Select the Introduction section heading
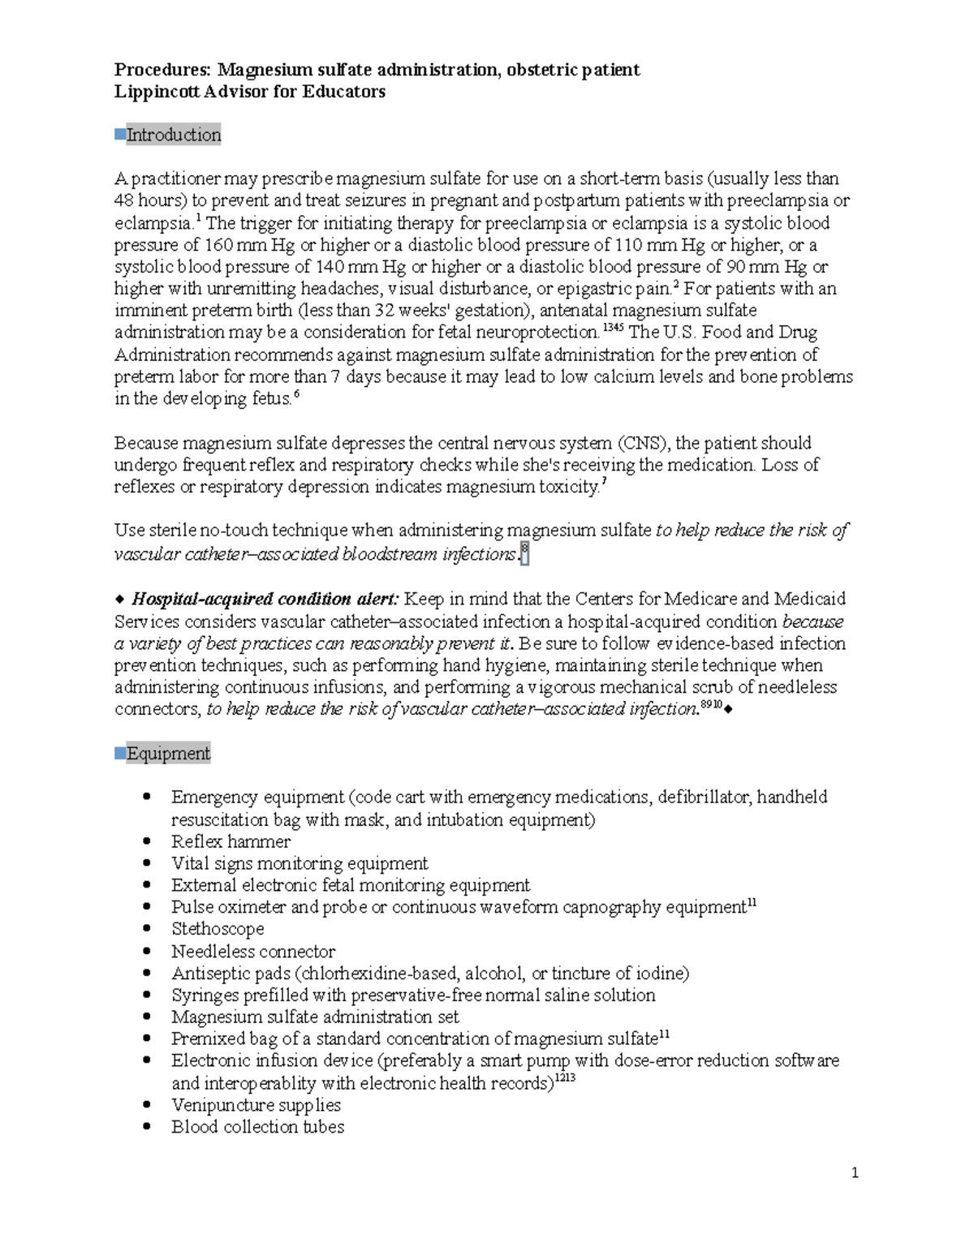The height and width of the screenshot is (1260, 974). click(174, 135)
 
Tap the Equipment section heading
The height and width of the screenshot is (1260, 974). click(168, 754)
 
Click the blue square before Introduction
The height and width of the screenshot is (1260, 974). click(119, 133)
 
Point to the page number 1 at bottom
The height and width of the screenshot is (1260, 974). click(855, 1172)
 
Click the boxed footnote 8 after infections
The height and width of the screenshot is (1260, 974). click(524, 553)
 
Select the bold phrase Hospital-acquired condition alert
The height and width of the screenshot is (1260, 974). click(265, 600)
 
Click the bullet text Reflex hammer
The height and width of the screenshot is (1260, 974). click(231, 841)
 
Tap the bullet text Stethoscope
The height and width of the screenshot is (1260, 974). click(218, 929)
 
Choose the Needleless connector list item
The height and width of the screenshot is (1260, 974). click(253, 951)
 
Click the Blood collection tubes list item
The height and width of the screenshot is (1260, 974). click(257, 1127)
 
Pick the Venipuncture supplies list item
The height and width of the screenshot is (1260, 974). click(256, 1105)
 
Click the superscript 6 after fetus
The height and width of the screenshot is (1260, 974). click(296, 394)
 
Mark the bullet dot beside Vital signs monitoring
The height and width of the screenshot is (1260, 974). click(146, 863)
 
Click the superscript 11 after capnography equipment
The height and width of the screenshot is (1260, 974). click(752, 903)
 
